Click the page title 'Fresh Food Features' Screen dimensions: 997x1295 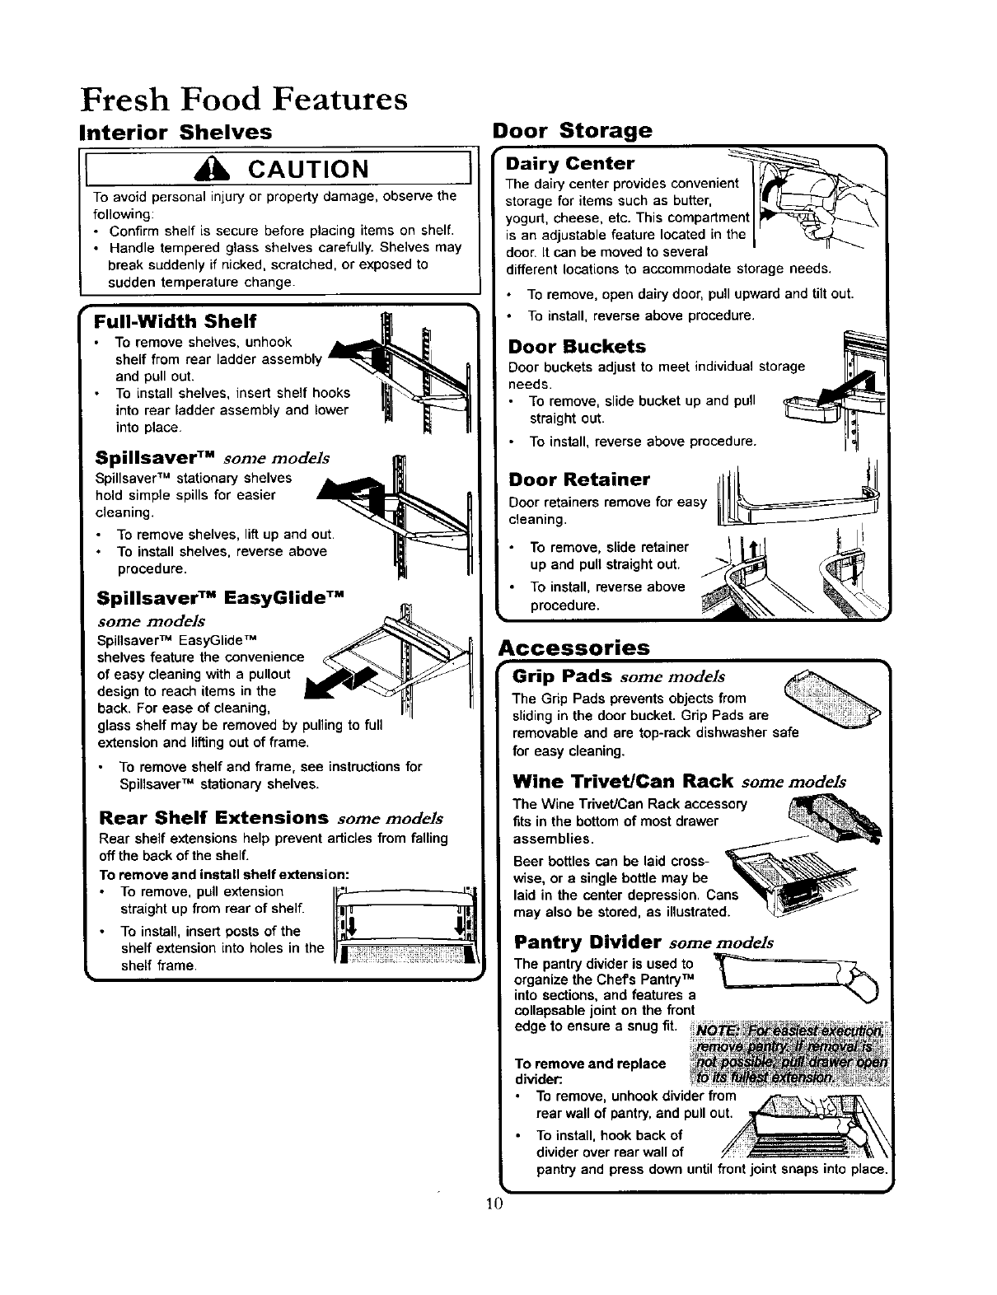[x=244, y=99]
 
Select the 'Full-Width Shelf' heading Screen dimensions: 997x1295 [x=176, y=320]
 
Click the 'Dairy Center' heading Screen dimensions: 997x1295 [x=571, y=163]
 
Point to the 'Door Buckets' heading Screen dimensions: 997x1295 [x=577, y=347]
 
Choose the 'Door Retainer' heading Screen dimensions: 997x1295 [x=579, y=479]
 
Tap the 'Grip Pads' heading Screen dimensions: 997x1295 [x=561, y=677]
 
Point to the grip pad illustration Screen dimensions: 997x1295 [x=832, y=699]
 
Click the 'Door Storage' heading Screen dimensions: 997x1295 [x=571, y=130]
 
